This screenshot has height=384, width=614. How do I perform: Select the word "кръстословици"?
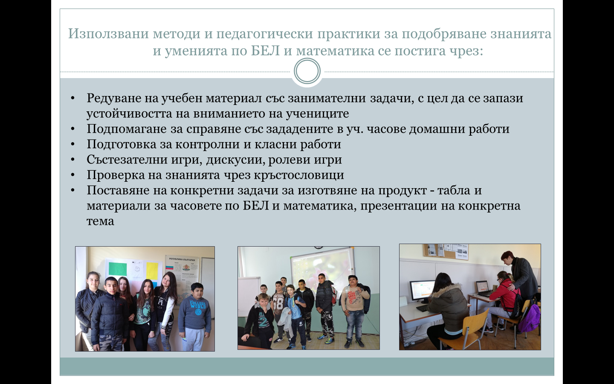(x=299, y=175)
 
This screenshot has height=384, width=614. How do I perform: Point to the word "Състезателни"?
(x=127, y=160)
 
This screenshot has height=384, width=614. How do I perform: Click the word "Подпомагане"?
(x=127, y=129)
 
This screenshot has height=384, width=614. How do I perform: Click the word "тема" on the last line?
(x=100, y=221)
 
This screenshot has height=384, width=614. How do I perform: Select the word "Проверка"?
(x=116, y=175)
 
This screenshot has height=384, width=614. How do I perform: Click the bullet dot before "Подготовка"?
(x=72, y=145)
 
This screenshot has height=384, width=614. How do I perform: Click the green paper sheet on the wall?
(x=118, y=269)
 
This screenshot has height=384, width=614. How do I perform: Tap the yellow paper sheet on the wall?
(x=152, y=271)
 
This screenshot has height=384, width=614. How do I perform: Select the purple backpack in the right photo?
(x=529, y=318)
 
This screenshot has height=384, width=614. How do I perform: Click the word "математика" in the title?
(x=335, y=51)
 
